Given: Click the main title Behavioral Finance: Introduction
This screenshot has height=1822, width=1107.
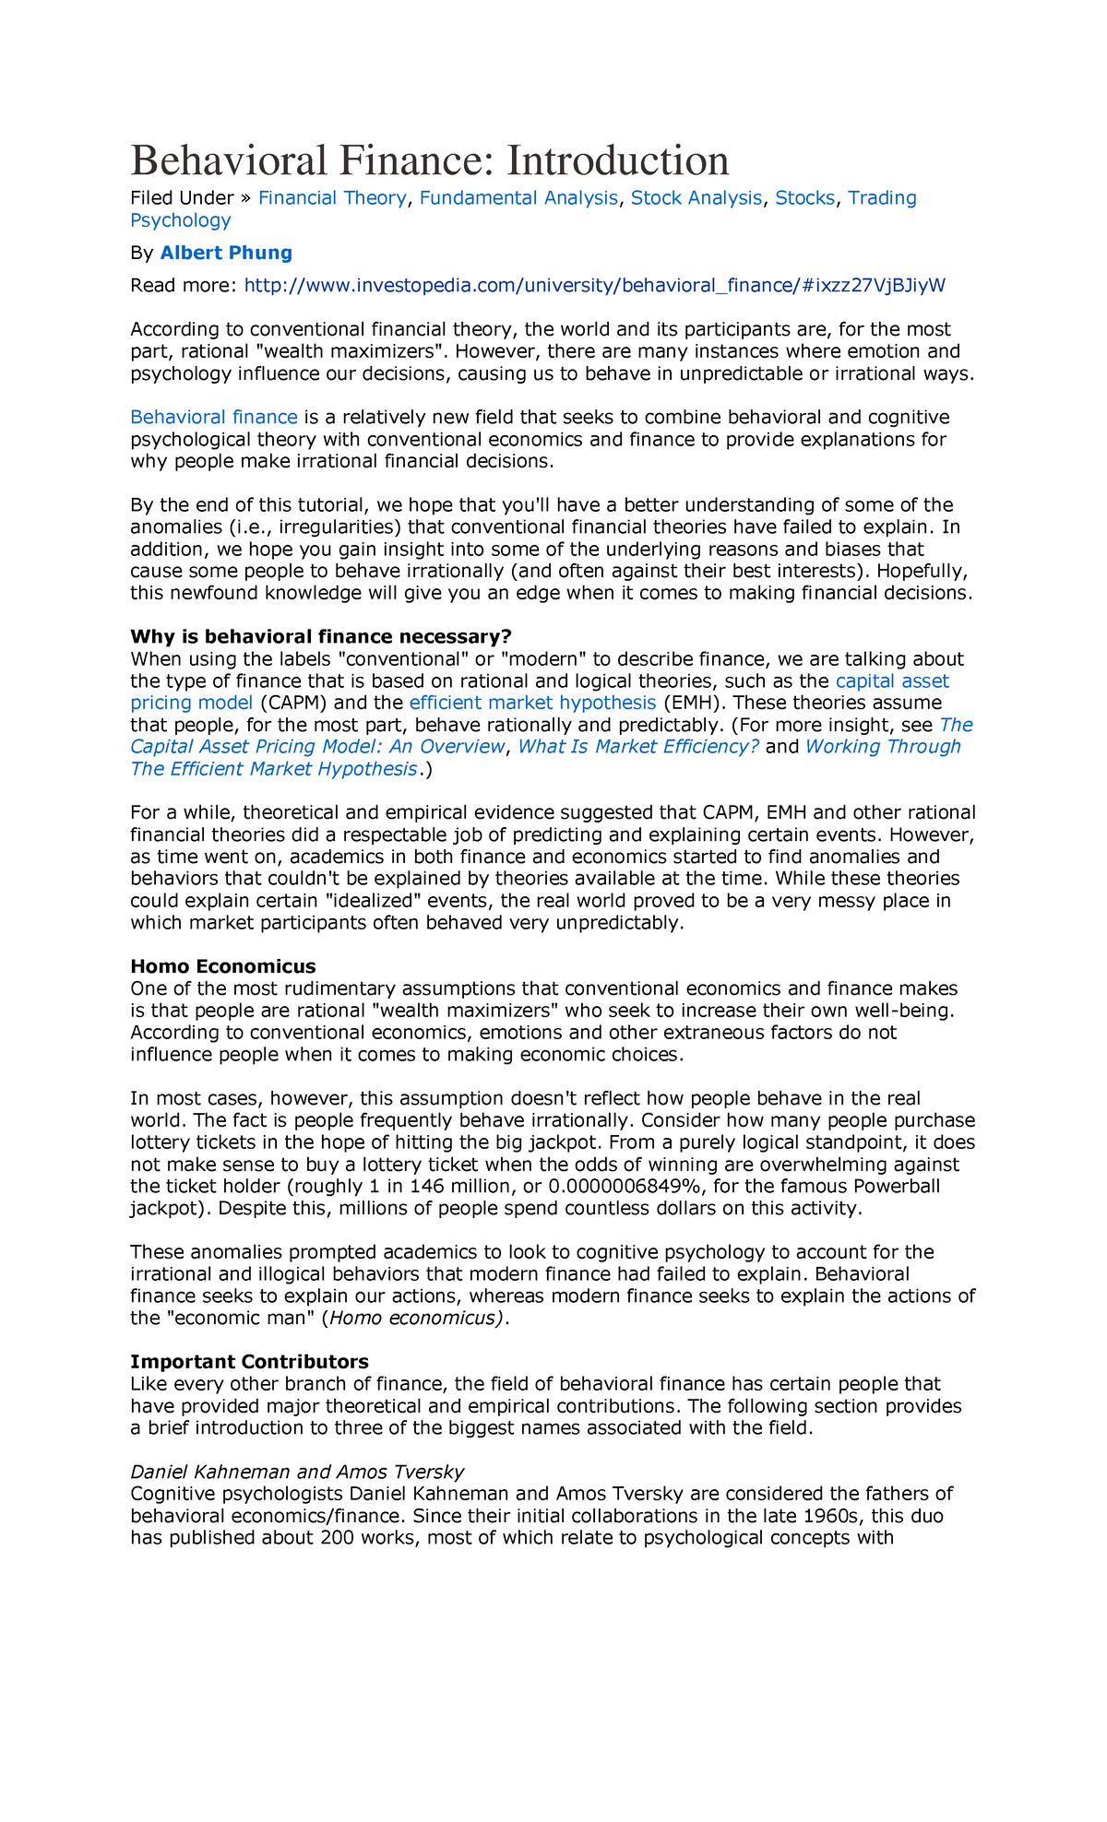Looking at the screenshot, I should (x=430, y=160).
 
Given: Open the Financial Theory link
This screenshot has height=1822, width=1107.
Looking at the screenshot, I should (x=331, y=198).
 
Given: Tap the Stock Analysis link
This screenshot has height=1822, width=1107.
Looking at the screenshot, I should (x=696, y=198).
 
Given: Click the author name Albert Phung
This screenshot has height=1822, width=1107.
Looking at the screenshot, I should (x=226, y=253).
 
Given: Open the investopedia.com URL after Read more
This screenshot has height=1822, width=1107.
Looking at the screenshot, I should (x=594, y=285).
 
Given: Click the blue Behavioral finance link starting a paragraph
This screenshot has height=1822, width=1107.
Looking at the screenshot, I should (x=214, y=418).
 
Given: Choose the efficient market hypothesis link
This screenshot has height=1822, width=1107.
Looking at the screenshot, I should (x=532, y=703).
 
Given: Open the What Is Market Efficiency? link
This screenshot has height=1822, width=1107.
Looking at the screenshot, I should (x=638, y=747).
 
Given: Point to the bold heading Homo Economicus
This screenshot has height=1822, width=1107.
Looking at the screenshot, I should (x=223, y=966).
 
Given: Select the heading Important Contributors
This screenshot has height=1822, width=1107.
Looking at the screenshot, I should (x=249, y=1362).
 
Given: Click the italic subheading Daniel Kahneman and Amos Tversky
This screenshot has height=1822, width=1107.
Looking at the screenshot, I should (x=297, y=1472).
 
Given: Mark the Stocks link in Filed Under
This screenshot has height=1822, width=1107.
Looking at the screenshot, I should (x=804, y=198).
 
